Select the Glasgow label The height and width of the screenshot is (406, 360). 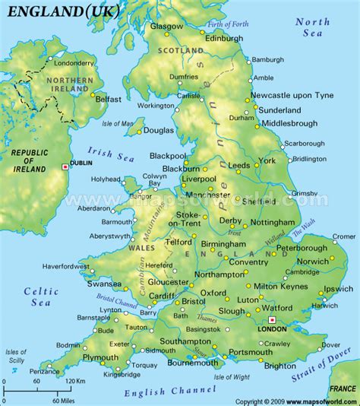click(167, 26)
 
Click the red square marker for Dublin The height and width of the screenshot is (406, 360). click(65, 167)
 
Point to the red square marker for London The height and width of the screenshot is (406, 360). click(272, 319)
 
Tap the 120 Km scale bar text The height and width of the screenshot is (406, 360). click(74, 380)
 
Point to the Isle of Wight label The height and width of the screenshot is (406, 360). click(232, 376)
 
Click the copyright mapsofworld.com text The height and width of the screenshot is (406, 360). click(296, 401)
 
